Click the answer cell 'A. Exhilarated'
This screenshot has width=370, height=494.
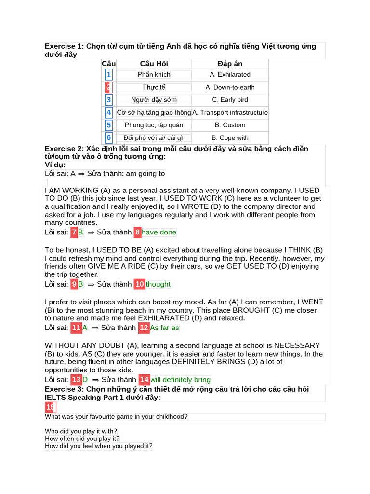(230, 75)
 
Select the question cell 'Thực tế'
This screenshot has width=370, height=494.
(154, 87)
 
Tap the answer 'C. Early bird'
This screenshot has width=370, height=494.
(230, 100)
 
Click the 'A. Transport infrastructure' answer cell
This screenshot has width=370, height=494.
(230, 112)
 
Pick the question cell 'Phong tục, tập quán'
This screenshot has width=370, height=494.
(154, 125)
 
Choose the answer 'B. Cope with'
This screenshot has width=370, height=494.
(230, 137)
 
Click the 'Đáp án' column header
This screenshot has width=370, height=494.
(230, 64)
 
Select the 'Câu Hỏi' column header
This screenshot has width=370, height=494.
(154, 64)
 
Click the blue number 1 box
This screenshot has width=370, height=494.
(109, 75)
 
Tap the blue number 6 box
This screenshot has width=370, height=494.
(109, 137)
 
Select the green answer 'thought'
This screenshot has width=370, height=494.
(158, 284)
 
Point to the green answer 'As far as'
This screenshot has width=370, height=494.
(164, 328)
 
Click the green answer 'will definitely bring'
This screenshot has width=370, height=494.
(180, 380)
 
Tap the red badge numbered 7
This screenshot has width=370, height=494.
(74, 233)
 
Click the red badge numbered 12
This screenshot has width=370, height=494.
(144, 328)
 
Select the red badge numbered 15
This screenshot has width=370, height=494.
(50, 408)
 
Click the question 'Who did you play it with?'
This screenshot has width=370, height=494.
(81, 431)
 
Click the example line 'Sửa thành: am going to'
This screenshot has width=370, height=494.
(126, 174)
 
